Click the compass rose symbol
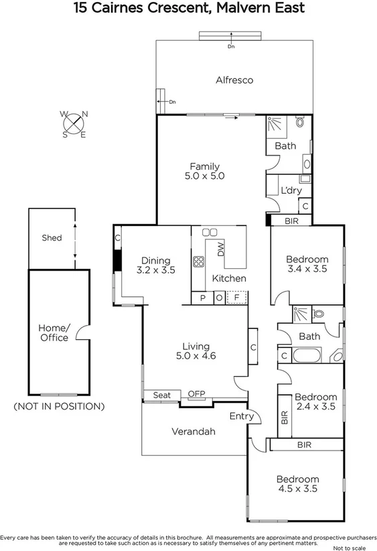tap(74, 124)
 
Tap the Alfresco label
tap(234, 80)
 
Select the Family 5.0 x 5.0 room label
tap(204, 171)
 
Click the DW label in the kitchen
tap(221, 249)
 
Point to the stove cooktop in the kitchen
tap(198, 262)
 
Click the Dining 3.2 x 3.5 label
tap(155, 265)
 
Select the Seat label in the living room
tap(161, 395)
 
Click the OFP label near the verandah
tap(196, 394)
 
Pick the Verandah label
tap(194, 431)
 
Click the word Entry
tap(241, 416)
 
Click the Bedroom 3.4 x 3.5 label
tap(307, 264)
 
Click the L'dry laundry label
tap(290, 190)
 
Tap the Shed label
tap(52, 237)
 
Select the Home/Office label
tap(54, 332)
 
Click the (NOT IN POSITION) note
tap(59, 406)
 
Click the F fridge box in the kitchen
tap(236, 298)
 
